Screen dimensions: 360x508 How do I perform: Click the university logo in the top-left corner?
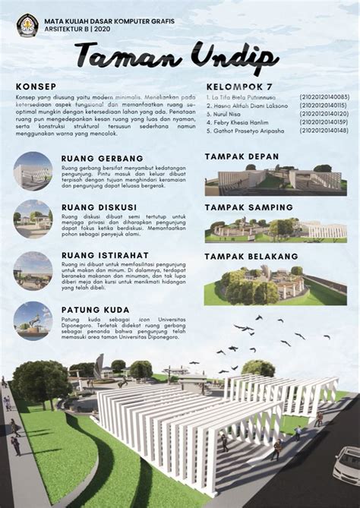[x=27, y=25]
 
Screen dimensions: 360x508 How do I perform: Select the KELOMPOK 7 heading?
[x=238, y=87]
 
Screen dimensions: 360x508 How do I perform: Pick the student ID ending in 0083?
[x=324, y=97]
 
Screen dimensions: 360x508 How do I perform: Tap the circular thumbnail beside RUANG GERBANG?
[x=33, y=172]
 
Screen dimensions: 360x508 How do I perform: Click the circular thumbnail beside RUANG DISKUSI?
[x=33, y=219]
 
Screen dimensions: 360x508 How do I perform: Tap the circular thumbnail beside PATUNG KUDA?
[x=33, y=320]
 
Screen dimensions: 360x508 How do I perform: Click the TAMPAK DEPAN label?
[x=242, y=156]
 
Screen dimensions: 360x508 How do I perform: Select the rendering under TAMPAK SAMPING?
[x=275, y=229]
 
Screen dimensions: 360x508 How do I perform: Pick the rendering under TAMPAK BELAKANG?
[x=275, y=286]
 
